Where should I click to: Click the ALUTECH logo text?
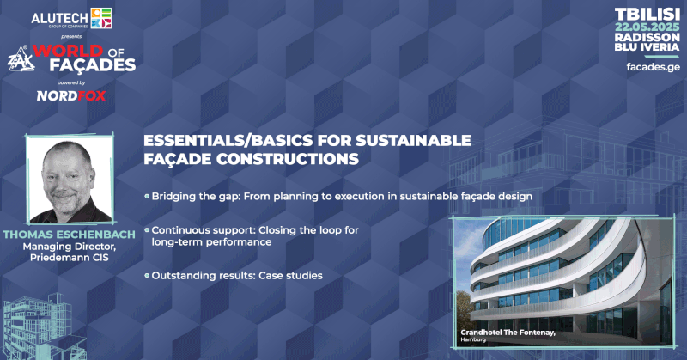[x=60, y=19]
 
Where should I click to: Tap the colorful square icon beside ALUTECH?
[x=101, y=18]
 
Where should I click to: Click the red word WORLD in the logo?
[x=68, y=51]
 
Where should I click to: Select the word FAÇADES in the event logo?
[x=93, y=65]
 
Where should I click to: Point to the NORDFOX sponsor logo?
[x=71, y=95]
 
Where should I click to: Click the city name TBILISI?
[x=647, y=15]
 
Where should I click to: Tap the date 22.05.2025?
[x=647, y=27]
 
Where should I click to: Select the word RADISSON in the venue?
[x=647, y=37]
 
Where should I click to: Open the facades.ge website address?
[x=654, y=67]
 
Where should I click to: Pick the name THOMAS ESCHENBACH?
[x=70, y=235]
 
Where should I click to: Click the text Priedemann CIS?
[x=70, y=258]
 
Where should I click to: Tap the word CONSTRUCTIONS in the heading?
[x=288, y=159]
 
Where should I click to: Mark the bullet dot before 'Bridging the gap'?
[x=147, y=197]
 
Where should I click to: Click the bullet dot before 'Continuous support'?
[x=147, y=230]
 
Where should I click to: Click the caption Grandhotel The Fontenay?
[x=508, y=333]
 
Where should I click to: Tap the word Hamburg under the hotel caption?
[x=473, y=339]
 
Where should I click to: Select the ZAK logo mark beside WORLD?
[x=21, y=59]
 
